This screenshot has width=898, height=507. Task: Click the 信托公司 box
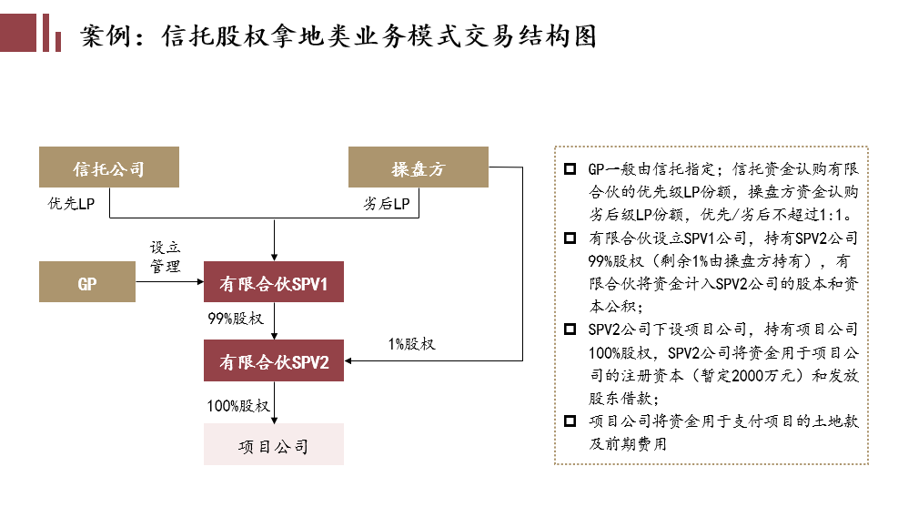[x=109, y=168]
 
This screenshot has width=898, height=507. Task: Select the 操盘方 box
[x=419, y=168]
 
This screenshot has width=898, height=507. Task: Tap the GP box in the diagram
[x=87, y=283]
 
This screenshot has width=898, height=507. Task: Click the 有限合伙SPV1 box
[x=274, y=283]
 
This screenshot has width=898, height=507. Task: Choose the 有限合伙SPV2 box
[x=274, y=361]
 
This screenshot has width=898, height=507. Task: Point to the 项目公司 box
[x=274, y=445]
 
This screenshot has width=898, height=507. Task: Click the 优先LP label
[x=71, y=203]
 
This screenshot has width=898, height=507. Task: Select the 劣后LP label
[x=386, y=203]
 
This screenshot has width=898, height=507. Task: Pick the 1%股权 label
[x=412, y=343]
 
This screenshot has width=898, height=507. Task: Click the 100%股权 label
[x=238, y=405]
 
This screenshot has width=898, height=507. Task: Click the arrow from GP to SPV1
[x=169, y=283]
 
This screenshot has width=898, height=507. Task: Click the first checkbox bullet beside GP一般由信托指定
[x=570, y=169]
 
